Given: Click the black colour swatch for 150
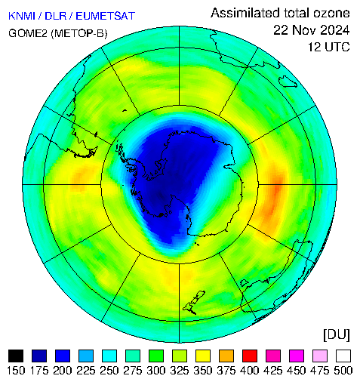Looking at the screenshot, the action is (x=16, y=356).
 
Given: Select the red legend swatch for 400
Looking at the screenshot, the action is (x=250, y=356).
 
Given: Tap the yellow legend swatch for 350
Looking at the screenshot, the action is (x=203, y=356).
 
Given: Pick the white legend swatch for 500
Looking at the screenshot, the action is (x=343, y=356).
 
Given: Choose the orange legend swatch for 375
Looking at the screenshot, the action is (x=226, y=356).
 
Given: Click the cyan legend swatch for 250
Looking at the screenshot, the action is (x=109, y=356).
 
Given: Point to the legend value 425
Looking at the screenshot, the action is (x=273, y=371).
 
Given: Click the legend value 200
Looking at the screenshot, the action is (x=63, y=371).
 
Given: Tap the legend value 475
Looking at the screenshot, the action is (x=320, y=371).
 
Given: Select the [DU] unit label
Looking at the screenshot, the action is (x=337, y=335).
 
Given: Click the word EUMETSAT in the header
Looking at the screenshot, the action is (x=106, y=16).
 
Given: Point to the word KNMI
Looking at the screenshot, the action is (x=22, y=16).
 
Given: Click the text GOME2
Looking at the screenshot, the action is (x=28, y=33).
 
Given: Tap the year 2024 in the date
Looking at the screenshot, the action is (x=331, y=30).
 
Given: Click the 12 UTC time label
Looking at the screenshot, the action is (x=329, y=47).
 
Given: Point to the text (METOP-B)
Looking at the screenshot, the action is (x=79, y=33).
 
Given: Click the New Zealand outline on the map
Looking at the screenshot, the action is (x=194, y=303).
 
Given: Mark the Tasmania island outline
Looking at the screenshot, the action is (x=288, y=82).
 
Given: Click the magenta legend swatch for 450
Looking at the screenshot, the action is (x=297, y=356).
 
